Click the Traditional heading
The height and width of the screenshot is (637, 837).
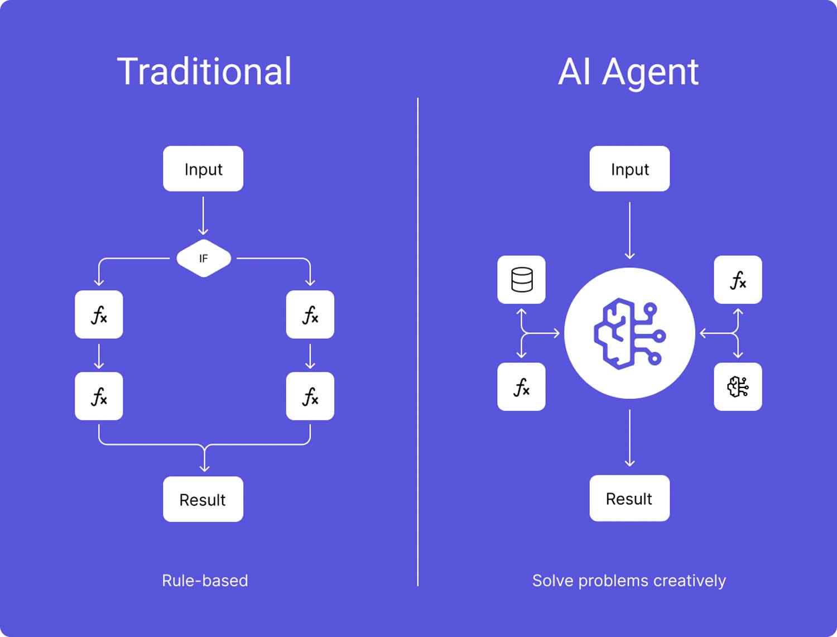pyautogui.click(x=204, y=72)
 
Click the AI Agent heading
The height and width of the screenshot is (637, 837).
pyautogui.click(x=628, y=72)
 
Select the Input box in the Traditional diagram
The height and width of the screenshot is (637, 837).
pyautogui.click(x=203, y=169)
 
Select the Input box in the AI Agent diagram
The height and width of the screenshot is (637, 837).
pyautogui.click(x=629, y=169)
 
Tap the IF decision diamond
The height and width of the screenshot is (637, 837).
pyautogui.click(x=204, y=258)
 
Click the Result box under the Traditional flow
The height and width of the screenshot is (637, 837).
pyautogui.click(x=203, y=499)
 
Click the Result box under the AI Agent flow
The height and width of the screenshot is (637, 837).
pyautogui.click(x=629, y=498)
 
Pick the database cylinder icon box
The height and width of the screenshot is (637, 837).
pyautogui.click(x=521, y=280)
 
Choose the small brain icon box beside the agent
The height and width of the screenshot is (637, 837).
pyautogui.click(x=738, y=387)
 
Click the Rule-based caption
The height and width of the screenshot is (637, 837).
pyautogui.click(x=205, y=581)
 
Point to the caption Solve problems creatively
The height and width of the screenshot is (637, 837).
pyautogui.click(x=629, y=581)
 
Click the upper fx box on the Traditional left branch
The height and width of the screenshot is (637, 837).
pyautogui.click(x=99, y=314)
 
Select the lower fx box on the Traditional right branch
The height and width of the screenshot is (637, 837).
pyautogui.click(x=310, y=396)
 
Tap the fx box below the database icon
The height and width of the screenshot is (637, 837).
pyautogui.click(x=521, y=387)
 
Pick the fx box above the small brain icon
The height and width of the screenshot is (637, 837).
pyautogui.click(x=738, y=280)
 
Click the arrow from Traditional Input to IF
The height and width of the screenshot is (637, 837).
pyautogui.click(x=203, y=215)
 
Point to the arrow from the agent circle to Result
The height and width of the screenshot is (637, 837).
pyautogui.click(x=629, y=438)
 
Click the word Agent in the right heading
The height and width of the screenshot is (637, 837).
pyautogui.click(x=650, y=72)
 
